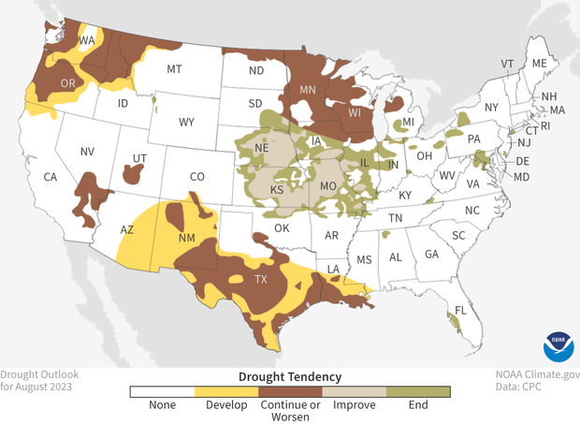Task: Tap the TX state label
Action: (262, 279)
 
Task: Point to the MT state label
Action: (174, 69)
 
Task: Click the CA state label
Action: (51, 177)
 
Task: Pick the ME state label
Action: (539, 63)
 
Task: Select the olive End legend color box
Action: (418, 391)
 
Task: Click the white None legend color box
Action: (161, 391)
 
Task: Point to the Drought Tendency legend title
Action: (289, 375)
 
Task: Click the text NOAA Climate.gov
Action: (537, 373)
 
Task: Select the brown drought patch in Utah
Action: (135, 174)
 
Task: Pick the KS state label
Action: (278, 190)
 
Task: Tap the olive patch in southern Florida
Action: (457, 322)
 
